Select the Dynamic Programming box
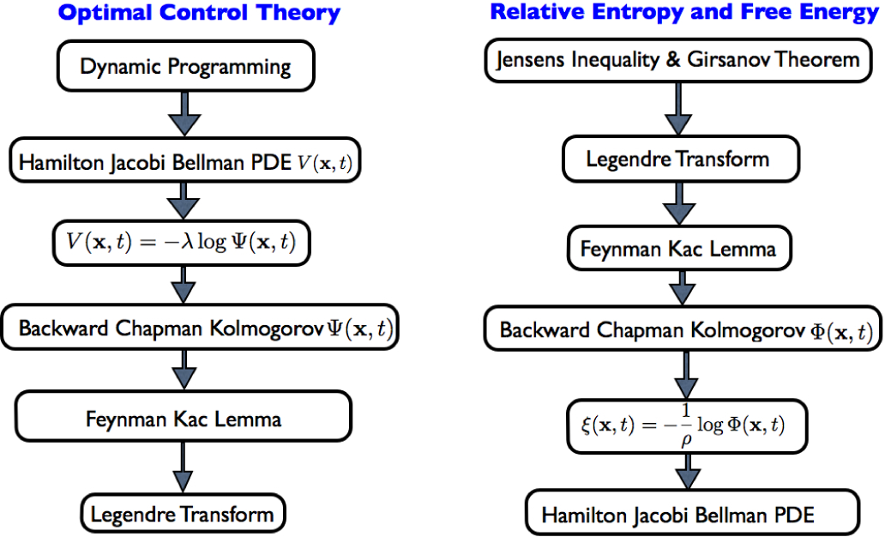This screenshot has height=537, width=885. pyautogui.click(x=186, y=66)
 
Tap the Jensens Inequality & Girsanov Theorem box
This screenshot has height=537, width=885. pyautogui.click(x=677, y=60)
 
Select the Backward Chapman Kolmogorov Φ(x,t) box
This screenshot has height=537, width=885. pyautogui.click(x=683, y=330)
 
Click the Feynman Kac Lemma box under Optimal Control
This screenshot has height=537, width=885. pyautogui.click(x=184, y=419)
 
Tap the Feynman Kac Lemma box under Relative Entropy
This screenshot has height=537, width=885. pyautogui.click(x=678, y=249)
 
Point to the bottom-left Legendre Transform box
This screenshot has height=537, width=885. pyautogui.click(x=183, y=514)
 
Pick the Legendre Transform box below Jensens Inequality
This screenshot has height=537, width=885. pyautogui.click(x=678, y=159)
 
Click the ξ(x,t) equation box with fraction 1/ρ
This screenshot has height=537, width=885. pyautogui.click(x=687, y=425)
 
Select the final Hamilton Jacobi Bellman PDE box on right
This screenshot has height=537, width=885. pyautogui.click(x=692, y=515)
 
